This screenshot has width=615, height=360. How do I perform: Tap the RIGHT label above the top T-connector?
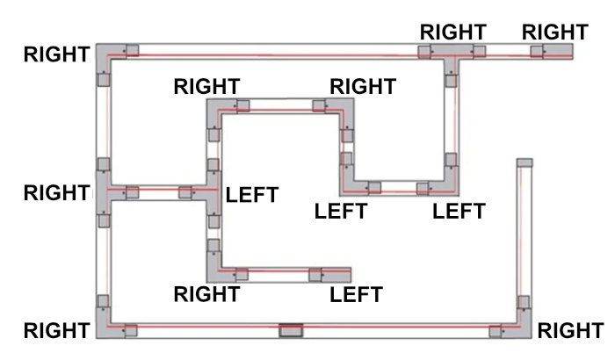(x=452, y=32)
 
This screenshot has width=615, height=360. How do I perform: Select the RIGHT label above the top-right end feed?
(x=554, y=32)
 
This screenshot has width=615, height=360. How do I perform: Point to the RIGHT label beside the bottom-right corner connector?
(x=569, y=331)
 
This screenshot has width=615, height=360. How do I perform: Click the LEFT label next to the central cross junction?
(x=252, y=195)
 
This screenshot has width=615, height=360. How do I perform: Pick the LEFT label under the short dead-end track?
(x=356, y=294)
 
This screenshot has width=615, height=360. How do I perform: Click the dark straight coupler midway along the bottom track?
(x=290, y=331)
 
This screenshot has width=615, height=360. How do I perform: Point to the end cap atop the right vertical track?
(x=525, y=162)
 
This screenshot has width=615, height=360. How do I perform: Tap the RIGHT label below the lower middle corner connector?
(x=207, y=294)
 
